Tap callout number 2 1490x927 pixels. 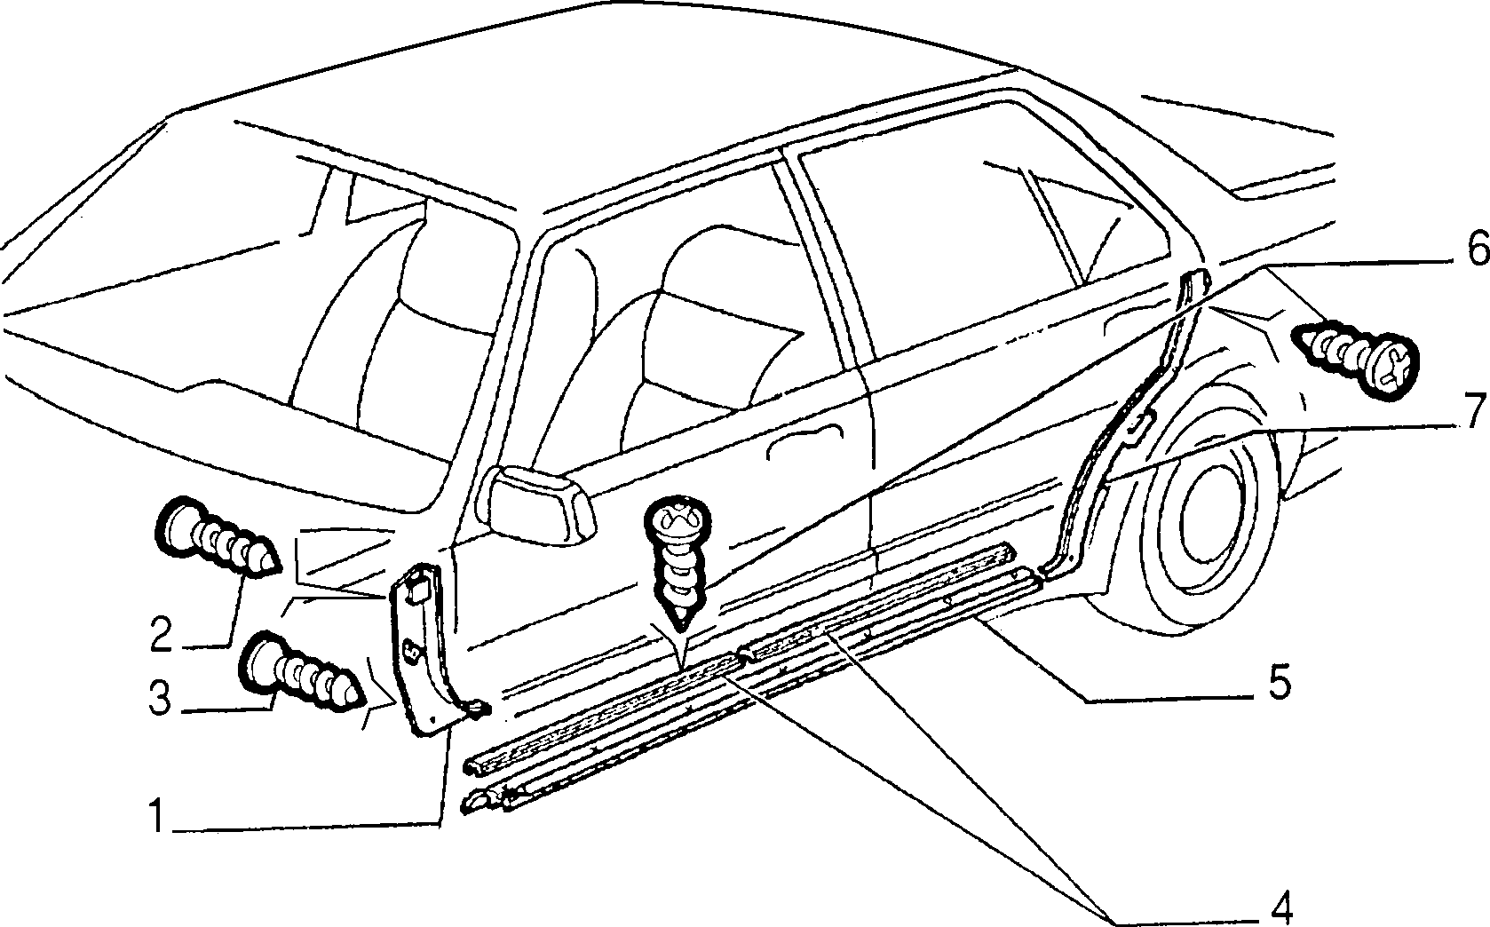[x=161, y=634]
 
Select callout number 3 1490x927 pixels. [x=160, y=701]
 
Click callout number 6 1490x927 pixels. [x=1473, y=250]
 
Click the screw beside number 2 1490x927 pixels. [x=217, y=544]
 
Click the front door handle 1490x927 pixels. [x=804, y=440]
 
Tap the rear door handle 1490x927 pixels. [x=1130, y=318]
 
